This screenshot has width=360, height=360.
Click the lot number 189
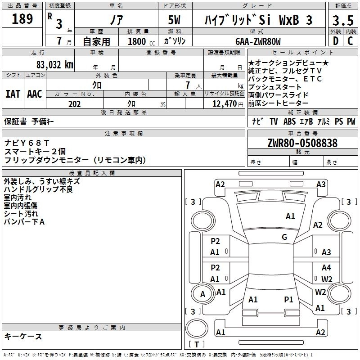[22, 19]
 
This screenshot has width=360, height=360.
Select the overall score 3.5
[342, 20]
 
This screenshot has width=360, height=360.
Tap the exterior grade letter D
[335, 41]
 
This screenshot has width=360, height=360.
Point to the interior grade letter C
[350, 41]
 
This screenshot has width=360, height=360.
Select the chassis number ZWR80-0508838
[302, 143]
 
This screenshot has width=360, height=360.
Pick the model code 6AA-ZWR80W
[258, 41]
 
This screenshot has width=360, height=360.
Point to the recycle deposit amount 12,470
[224, 104]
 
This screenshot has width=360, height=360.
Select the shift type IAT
[13, 94]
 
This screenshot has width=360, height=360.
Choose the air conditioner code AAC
[34, 94]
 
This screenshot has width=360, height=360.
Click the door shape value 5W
[175, 20]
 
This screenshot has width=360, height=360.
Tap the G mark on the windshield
[284, 237]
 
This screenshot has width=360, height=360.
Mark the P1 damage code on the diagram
[288, 299]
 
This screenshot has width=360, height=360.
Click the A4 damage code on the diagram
[326, 268]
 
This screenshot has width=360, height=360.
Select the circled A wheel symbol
[202, 294]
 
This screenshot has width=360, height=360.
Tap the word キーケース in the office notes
[23, 337]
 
